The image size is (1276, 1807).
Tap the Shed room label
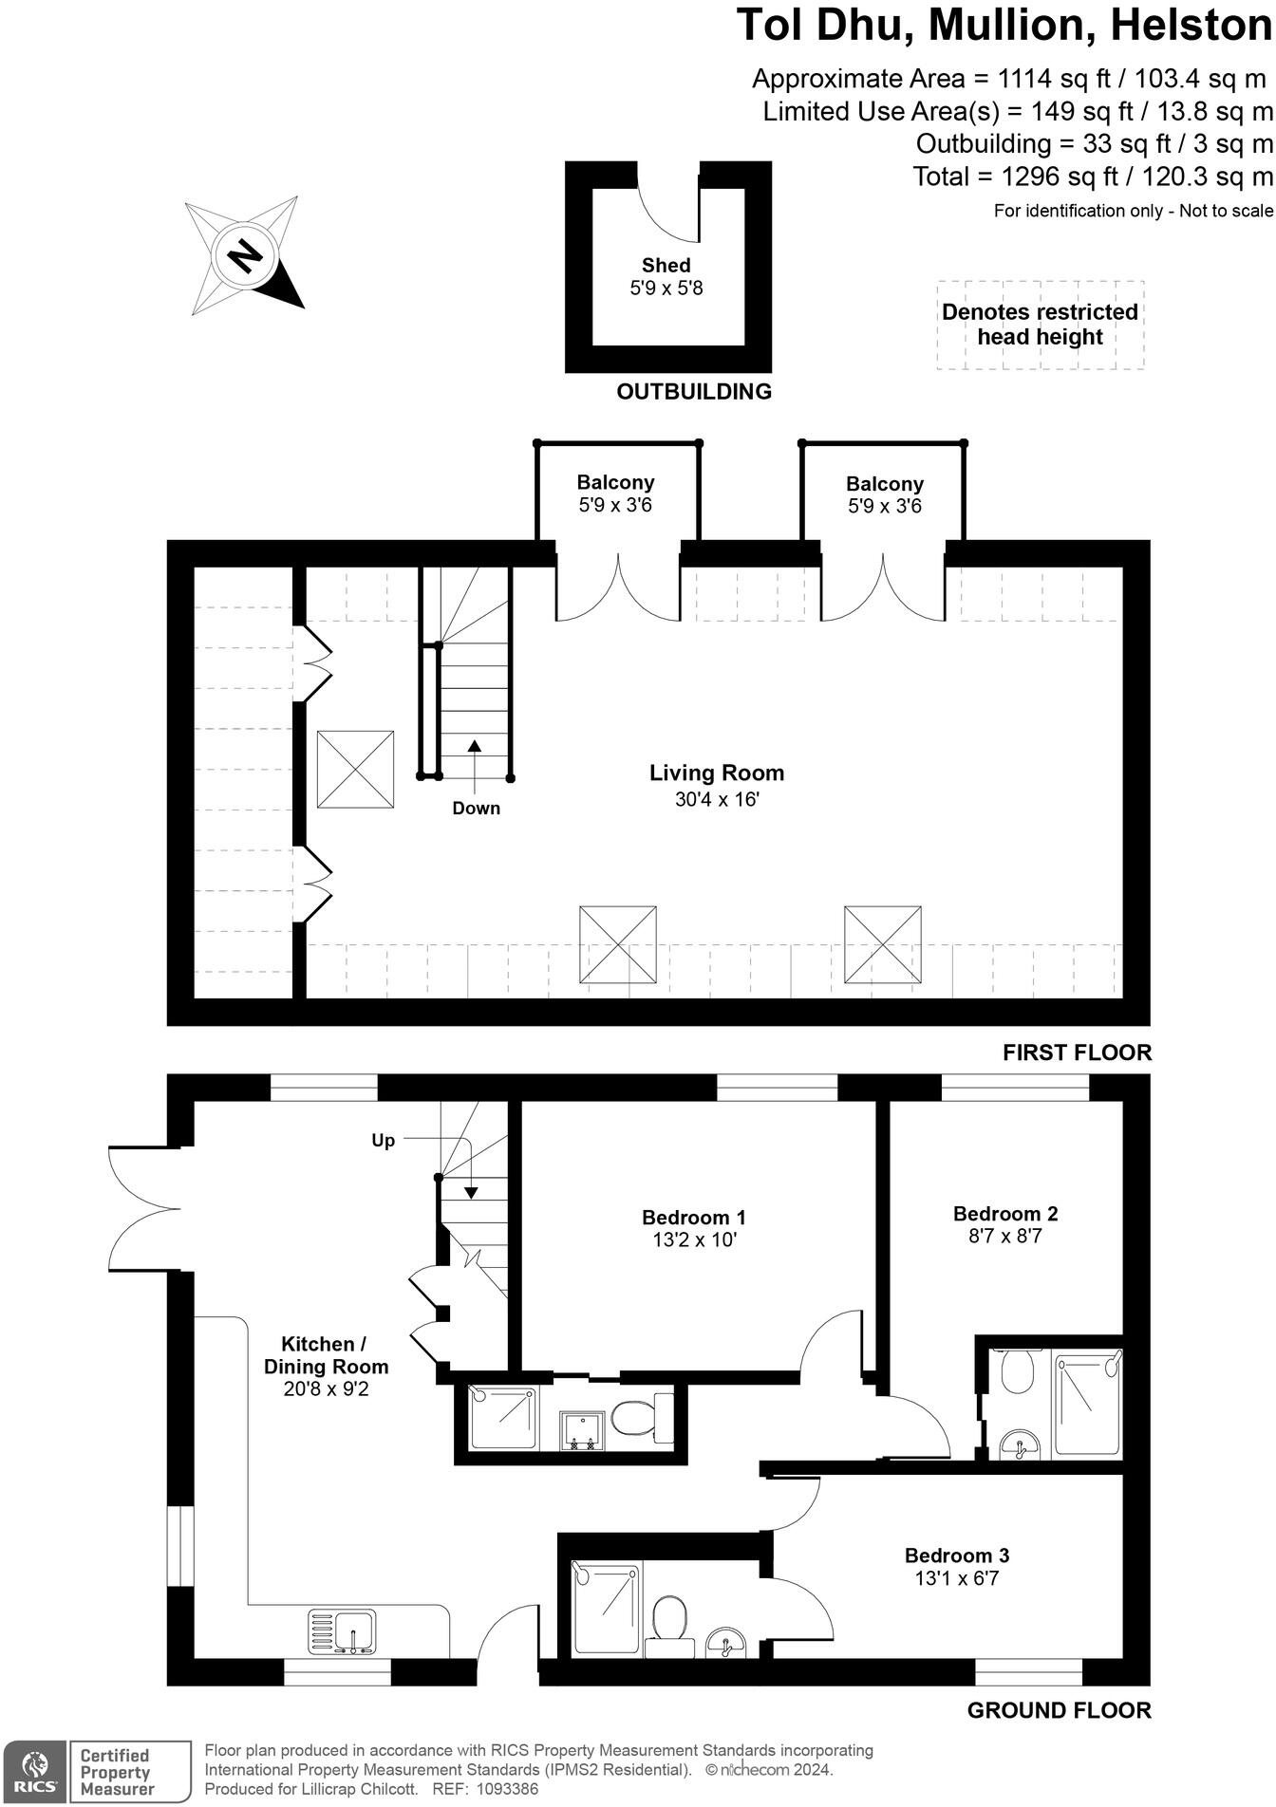pyautogui.click(x=666, y=266)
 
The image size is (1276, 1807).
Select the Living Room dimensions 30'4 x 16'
pyautogui.click(x=717, y=799)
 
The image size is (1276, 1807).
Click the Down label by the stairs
pyautogui.click(x=476, y=808)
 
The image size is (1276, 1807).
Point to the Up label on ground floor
pyautogui.click(x=383, y=1140)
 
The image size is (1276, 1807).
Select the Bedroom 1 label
pyautogui.click(x=693, y=1217)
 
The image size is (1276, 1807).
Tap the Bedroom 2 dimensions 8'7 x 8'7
pyautogui.click(x=1004, y=1236)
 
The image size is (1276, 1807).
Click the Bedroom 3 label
pyautogui.click(x=956, y=1555)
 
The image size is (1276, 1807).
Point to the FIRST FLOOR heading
pyautogui.click(x=1077, y=1052)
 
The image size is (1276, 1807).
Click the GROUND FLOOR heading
pyautogui.click(x=1059, y=1709)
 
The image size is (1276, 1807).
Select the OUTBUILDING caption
pyautogui.click(x=693, y=391)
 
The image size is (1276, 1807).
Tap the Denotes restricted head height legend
pyautogui.click(x=1040, y=325)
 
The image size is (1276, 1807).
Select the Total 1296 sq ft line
pyautogui.click(x=1092, y=177)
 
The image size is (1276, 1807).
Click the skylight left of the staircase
pyautogui.click(x=355, y=769)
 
